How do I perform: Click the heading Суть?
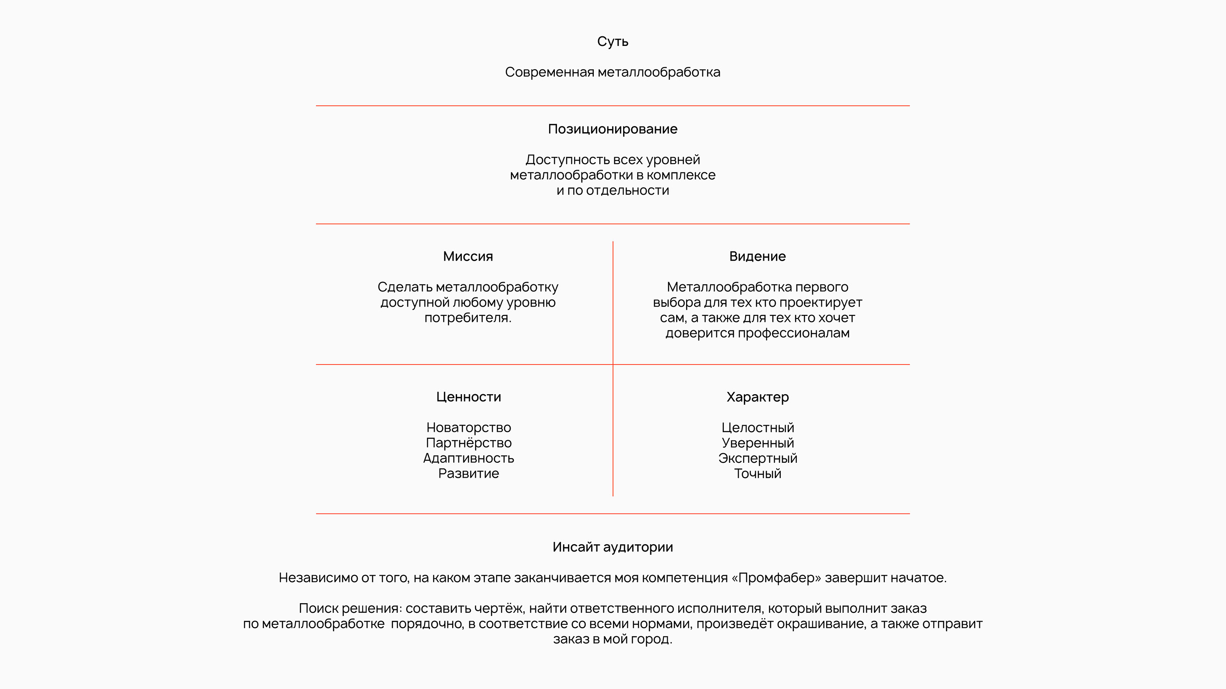[x=613, y=42]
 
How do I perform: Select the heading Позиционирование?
[x=613, y=129]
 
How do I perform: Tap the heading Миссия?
[x=468, y=257]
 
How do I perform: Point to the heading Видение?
[x=757, y=257]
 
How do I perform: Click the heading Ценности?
[x=469, y=397]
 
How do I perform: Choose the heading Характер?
[x=757, y=397]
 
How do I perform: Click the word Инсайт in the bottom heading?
[x=575, y=547]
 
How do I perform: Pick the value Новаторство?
[x=469, y=427]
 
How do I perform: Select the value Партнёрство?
[x=469, y=443]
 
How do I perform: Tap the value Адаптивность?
[x=469, y=458]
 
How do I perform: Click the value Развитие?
[x=469, y=474]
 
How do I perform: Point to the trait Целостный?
[x=757, y=427]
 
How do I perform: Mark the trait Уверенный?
[x=757, y=443]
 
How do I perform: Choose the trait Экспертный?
[x=757, y=458]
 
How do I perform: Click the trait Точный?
[x=757, y=474]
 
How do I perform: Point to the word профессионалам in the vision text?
[x=793, y=333]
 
